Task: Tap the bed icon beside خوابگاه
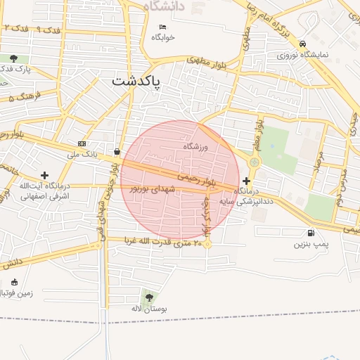[x=162, y=27]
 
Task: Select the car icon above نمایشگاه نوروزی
[x=302, y=43]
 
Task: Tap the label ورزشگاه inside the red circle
[x=197, y=146]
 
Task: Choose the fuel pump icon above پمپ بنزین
[x=310, y=233]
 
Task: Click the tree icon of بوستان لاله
[x=148, y=297]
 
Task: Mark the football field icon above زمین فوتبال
[x=14, y=282]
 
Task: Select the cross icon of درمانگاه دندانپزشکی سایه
[x=245, y=181]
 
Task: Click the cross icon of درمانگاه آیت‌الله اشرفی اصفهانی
[x=45, y=174]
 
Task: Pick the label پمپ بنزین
[x=310, y=245]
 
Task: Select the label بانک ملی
[x=82, y=153]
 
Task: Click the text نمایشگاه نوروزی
[x=302, y=54]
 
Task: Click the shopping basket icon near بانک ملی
[x=116, y=151]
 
